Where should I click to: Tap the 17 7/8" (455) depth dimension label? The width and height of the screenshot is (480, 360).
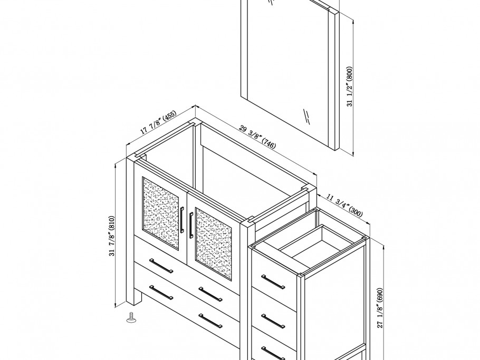tap(158, 122)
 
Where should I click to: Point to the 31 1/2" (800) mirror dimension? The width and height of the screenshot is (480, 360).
tap(349, 86)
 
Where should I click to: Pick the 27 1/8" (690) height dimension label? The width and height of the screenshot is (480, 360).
tap(380, 308)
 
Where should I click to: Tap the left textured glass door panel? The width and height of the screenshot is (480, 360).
tap(160, 213)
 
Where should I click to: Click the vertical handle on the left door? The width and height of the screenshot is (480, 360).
tap(182, 220)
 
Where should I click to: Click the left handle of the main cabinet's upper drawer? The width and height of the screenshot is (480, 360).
tap(161, 265)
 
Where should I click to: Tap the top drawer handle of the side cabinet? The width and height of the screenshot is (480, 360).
tap(273, 282)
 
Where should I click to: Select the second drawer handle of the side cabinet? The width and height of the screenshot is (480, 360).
tap(273, 320)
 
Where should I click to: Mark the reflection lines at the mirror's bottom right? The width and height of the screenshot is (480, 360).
tap(305, 115)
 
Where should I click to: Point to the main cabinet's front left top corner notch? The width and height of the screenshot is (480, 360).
tap(139, 156)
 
